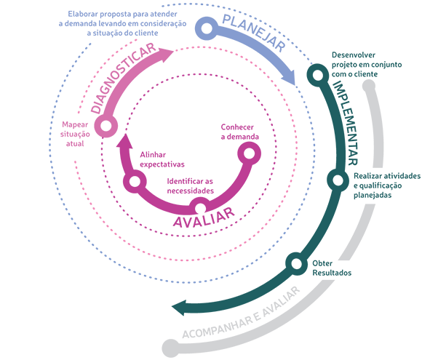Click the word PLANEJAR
pyautogui.click(x=253, y=33)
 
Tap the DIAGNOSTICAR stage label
pyautogui.click(x=123, y=78)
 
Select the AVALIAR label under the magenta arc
pyautogui.click(x=204, y=217)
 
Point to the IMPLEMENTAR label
pyautogui.click(x=346, y=123)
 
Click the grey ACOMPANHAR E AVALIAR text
pyautogui.click(x=241, y=313)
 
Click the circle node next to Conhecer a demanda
pyautogui.click(x=249, y=153)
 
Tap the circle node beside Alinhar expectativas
pyautogui.click(x=135, y=181)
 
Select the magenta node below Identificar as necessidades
pyautogui.click(x=200, y=208)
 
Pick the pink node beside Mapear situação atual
pyautogui.click(x=106, y=126)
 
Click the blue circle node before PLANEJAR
pyautogui.click(x=207, y=28)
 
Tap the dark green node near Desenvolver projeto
pyautogui.click(x=318, y=75)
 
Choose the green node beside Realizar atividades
pyautogui.click(x=338, y=180)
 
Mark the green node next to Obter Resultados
pyautogui.click(x=296, y=264)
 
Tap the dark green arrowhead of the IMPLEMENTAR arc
pyautogui.click(x=179, y=308)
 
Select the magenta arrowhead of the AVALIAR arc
pyautogui.click(x=124, y=140)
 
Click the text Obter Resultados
pyautogui.click(x=332, y=268)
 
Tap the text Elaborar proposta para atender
pyautogui.click(x=122, y=14)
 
